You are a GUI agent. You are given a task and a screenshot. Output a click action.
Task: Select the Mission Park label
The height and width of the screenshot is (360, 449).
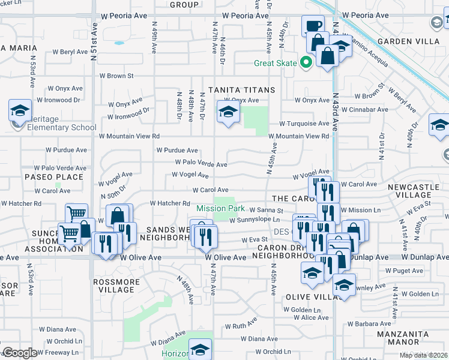(220, 209)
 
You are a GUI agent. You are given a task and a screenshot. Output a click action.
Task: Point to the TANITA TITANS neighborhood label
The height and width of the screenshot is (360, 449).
(241, 90)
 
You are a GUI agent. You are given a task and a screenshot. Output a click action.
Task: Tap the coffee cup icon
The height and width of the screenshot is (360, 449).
(312, 26)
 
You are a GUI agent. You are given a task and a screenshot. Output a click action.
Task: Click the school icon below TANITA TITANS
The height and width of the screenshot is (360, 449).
(228, 112)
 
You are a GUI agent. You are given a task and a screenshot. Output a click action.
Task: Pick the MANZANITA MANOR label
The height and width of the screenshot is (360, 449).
(403, 338)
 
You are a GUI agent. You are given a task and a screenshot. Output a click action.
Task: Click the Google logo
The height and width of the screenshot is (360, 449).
(19, 353)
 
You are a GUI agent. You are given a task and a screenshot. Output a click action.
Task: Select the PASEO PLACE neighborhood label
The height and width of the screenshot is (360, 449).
(53, 177)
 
